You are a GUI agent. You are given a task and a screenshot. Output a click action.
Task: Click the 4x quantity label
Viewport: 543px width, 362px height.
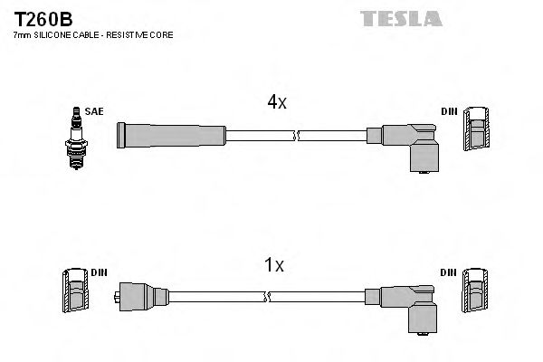coord(276,103)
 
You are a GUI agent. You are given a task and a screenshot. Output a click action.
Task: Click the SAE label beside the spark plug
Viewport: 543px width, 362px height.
coord(95,111)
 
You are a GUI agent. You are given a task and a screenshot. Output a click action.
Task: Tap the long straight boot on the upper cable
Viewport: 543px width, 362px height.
coord(172,136)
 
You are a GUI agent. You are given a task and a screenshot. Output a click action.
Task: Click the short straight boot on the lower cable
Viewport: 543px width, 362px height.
coord(144,295)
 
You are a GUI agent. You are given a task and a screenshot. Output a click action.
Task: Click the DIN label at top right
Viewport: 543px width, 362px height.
coord(449,111)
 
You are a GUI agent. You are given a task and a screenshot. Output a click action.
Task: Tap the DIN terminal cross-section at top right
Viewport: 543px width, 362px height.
coord(477,132)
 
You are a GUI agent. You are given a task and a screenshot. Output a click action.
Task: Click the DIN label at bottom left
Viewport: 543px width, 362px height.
coord(100,272)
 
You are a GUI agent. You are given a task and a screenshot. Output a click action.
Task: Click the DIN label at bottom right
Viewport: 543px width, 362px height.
coord(449,272)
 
